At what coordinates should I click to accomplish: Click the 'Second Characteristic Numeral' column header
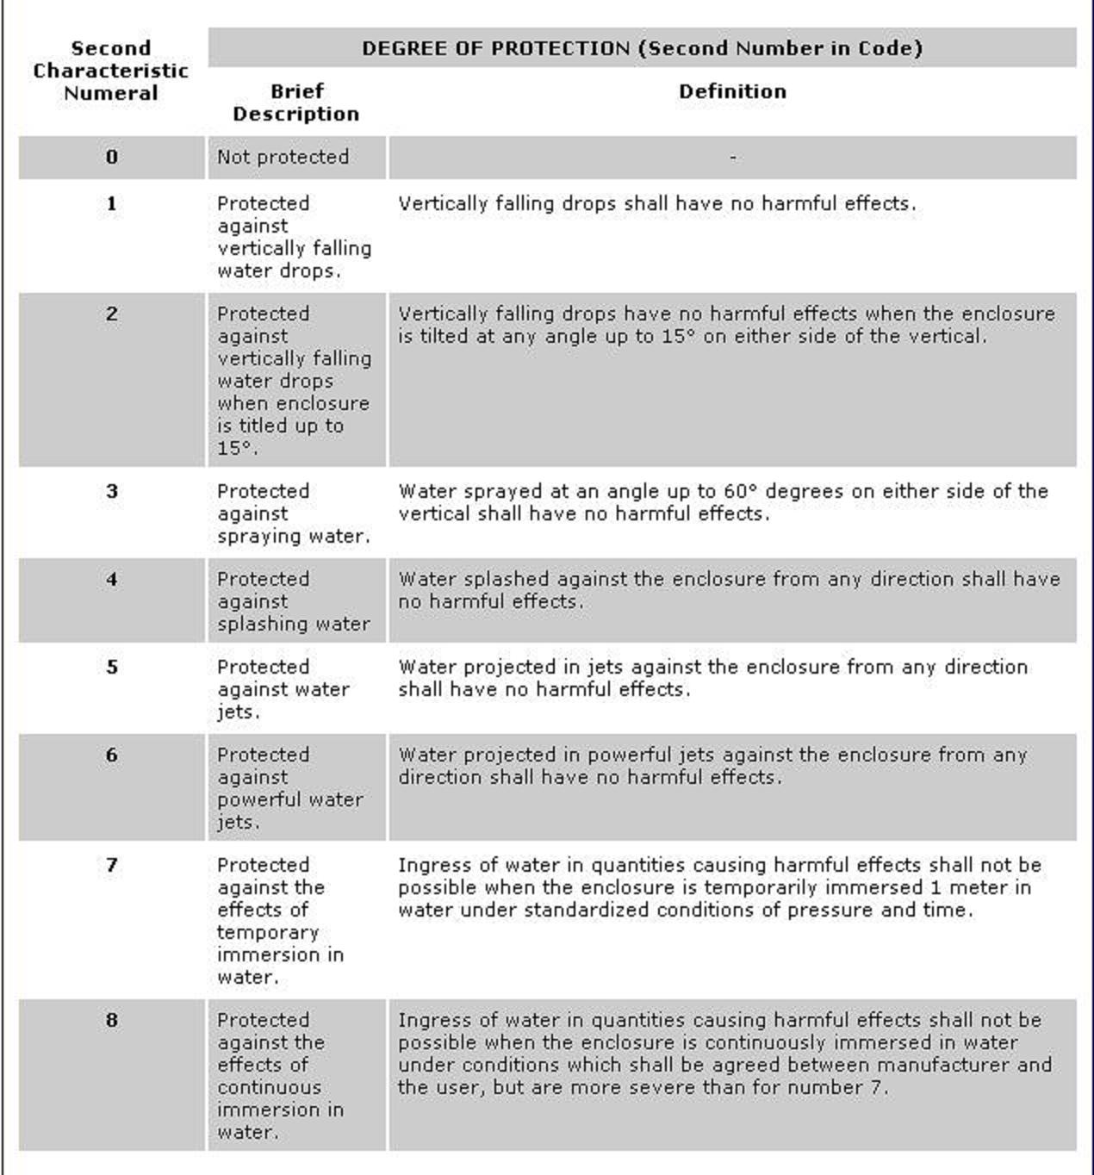coord(111,71)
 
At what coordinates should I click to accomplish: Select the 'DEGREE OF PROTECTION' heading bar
coord(642,48)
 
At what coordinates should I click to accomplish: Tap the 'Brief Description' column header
coord(296,103)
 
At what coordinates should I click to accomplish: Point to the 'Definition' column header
coord(732,91)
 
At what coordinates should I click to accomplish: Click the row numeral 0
coord(112,157)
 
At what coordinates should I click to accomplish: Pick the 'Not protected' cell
coord(283,157)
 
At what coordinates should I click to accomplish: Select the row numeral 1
coord(112,204)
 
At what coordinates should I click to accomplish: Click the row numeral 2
coord(112,314)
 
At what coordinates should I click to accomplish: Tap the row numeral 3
coord(112,492)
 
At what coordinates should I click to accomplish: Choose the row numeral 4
coord(112,580)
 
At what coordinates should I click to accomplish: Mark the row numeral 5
coord(112,668)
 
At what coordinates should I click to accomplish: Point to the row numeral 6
coord(112,755)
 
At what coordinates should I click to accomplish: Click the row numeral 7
coord(112,866)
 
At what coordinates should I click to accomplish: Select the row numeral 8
coord(112,1021)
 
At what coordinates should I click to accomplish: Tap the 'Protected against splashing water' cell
coord(293,601)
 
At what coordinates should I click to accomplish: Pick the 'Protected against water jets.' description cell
coord(283,689)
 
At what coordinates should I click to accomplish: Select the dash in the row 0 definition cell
coord(732,158)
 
